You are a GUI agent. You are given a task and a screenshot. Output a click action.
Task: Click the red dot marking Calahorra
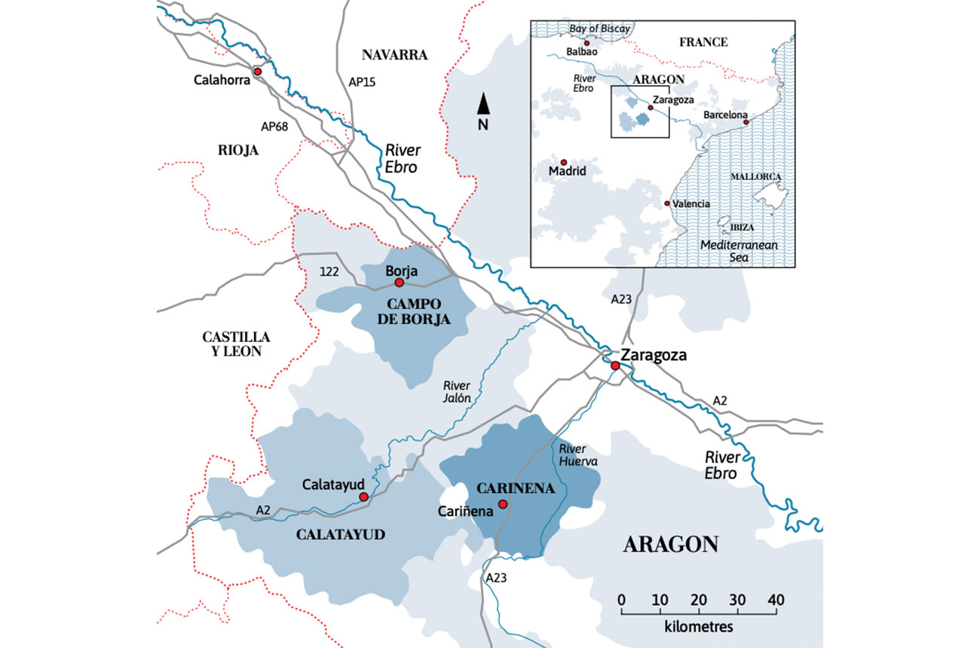pos(257,71)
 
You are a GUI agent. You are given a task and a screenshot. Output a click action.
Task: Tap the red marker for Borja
pos(400,283)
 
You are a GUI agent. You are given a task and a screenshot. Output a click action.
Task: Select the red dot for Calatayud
pos(363,497)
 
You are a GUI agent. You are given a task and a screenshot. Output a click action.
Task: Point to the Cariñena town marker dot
pos(502,503)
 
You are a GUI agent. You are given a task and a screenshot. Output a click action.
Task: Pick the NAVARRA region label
pos(394,55)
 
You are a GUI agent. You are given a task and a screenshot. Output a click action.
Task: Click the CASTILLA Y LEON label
pos(236,344)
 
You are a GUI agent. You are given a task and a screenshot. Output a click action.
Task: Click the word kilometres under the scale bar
pos(699,626)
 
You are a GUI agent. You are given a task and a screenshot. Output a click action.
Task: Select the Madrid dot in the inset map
pos(562,161)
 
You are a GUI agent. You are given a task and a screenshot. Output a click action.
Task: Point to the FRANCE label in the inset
pos(703,42)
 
